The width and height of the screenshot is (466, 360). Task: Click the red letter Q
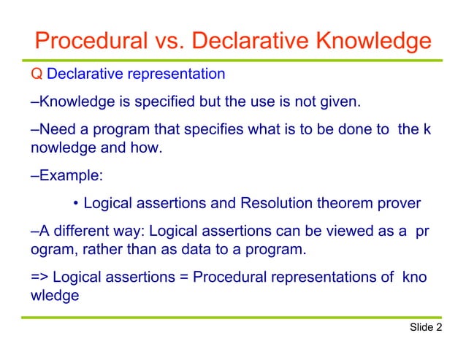[x=37, y=74]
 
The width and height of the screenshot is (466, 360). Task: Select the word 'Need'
[x=55, y=129]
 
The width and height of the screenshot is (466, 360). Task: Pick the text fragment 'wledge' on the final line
[x=54, y=297]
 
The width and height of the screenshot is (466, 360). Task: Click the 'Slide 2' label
[x=426, y=327]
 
